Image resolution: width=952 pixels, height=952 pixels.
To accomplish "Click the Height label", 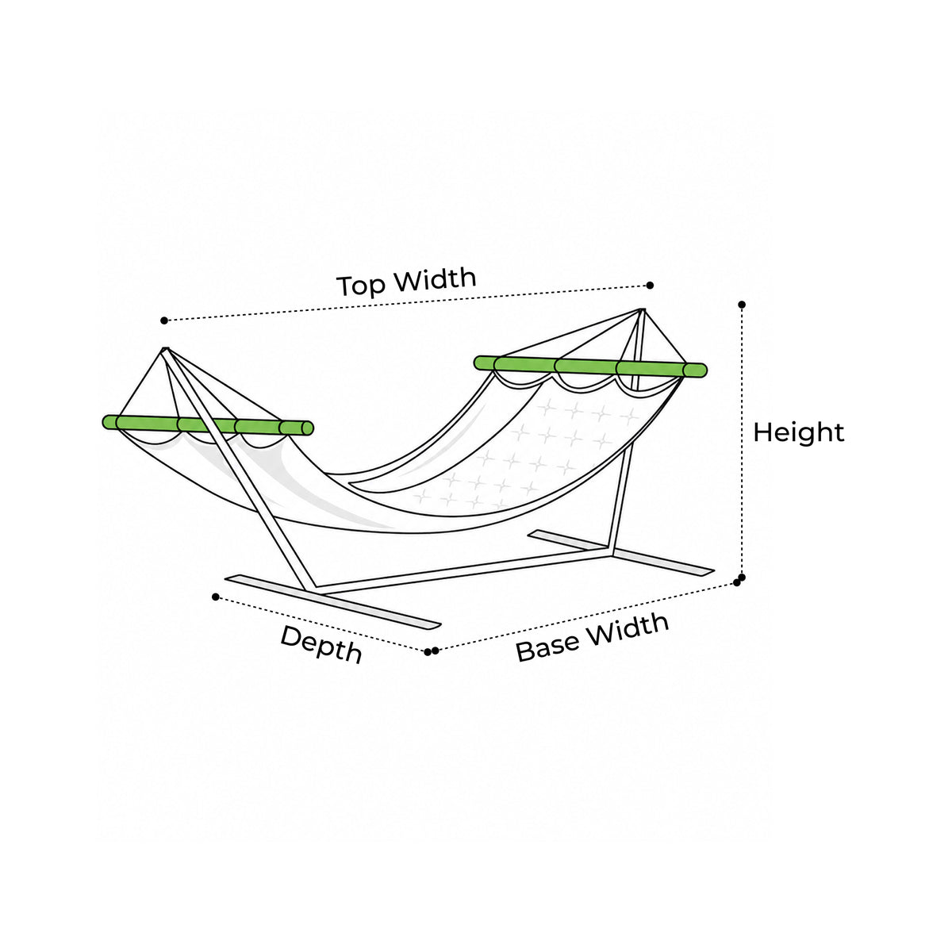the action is pos(798,433).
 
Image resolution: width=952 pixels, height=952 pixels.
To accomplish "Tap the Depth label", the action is pos(321,643).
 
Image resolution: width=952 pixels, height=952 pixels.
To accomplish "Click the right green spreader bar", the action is pos(590,366).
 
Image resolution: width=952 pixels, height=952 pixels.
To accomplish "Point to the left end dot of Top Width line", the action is pos(164,321).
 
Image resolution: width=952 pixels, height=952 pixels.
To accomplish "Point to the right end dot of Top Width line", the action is pos(651,285).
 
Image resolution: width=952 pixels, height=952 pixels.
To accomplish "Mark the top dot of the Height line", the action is pos(742,305).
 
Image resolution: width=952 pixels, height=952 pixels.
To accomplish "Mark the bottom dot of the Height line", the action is pos(742,577).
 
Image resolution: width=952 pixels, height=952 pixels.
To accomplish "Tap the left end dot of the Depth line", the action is pos(216,597).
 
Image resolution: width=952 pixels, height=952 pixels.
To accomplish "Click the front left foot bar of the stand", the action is pos(332,601).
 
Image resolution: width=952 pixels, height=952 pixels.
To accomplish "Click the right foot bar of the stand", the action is pos(621,552).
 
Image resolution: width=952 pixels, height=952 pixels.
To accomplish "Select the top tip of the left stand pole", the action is pos(165,349).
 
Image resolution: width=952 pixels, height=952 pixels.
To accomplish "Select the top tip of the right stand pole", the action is pos(641,310).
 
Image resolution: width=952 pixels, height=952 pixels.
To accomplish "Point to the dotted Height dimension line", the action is pos(742,440).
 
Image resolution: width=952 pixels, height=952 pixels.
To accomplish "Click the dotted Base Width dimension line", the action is pos(586,617).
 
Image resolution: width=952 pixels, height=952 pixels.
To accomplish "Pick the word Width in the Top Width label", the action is pos(436,279).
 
